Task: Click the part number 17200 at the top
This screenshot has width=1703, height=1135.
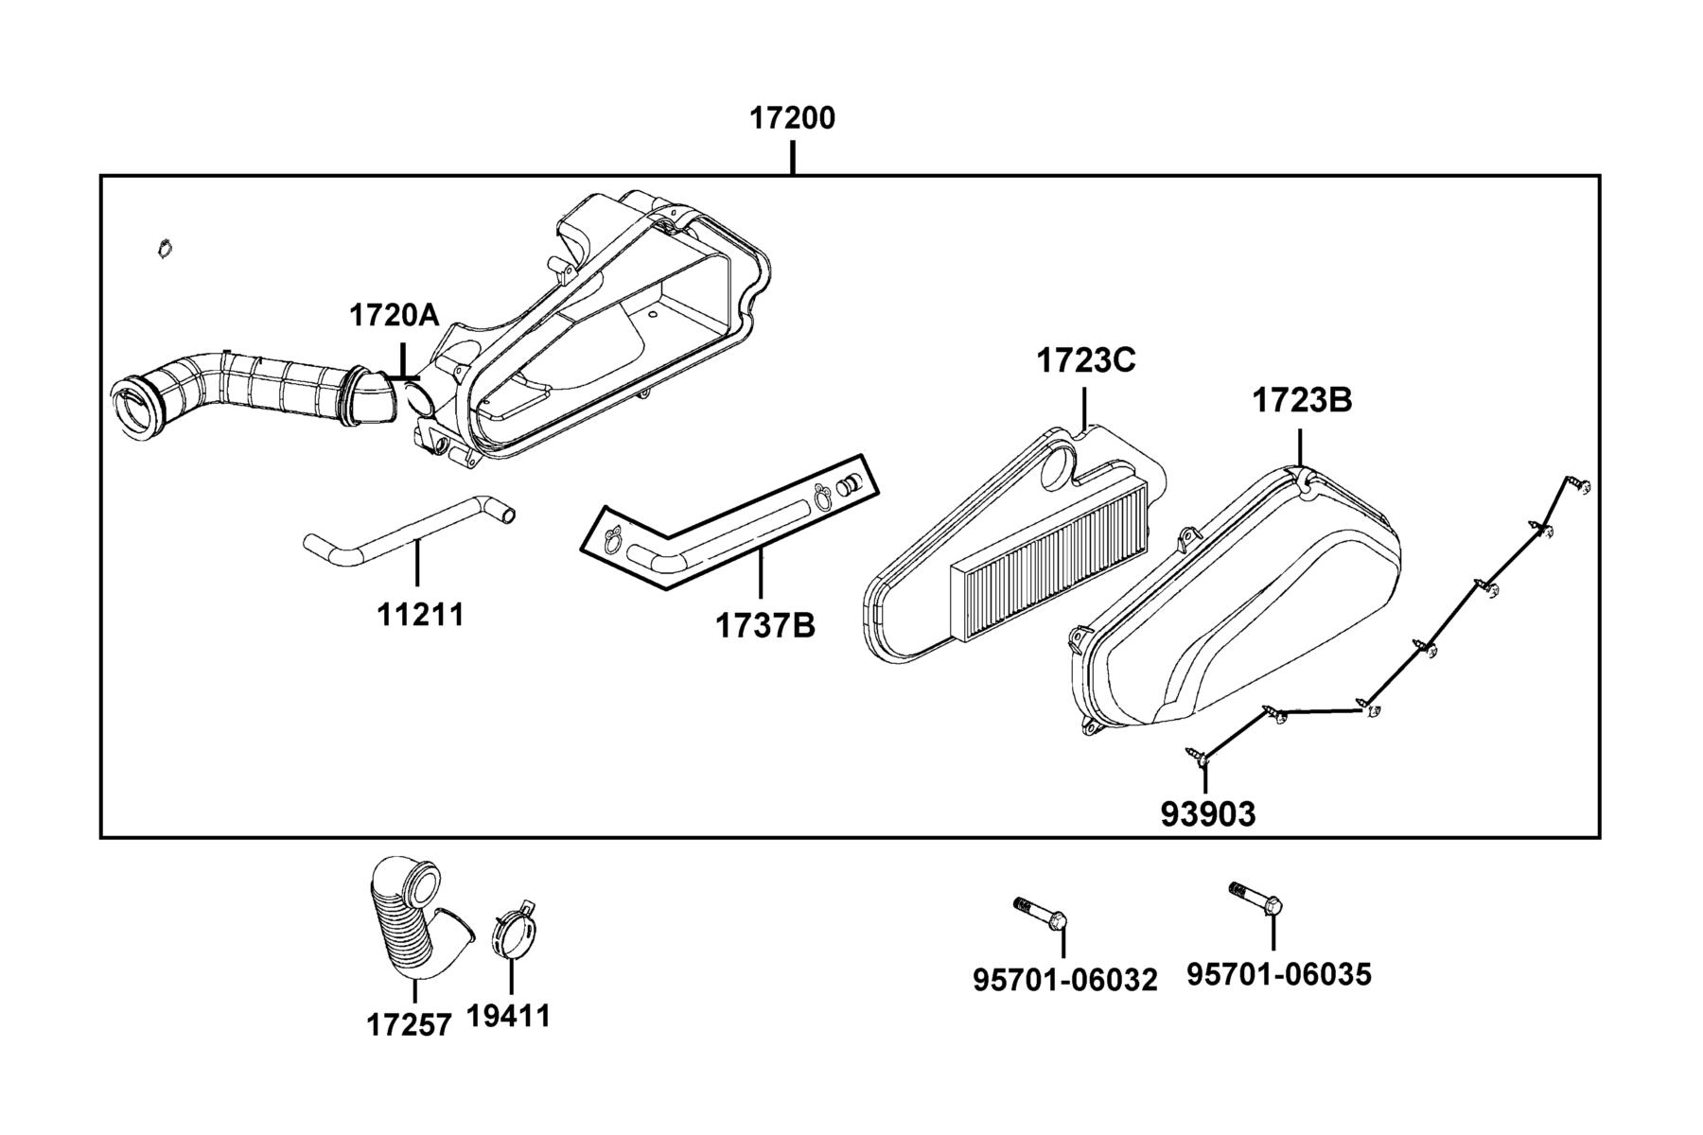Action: (x=793, y=119)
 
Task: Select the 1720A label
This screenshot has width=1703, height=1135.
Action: (x=395, y=315)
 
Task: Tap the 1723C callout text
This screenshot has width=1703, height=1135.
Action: (x=1086, y=360)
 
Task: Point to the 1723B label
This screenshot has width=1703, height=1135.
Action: (x=1302, y=400)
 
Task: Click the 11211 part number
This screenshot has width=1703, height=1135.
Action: (x=421, y=615)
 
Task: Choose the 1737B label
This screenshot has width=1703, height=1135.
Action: (x=764, y=625)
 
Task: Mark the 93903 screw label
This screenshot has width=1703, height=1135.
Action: (x=1208, y=813)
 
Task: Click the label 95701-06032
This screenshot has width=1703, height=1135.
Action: (x=1065, y=981)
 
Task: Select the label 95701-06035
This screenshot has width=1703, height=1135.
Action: (x=1279, y=974)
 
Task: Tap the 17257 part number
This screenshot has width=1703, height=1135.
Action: (x=410, y=1024)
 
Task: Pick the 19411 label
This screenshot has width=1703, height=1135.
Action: (x=508, y=1016)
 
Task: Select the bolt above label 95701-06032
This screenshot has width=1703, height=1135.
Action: (x=1041, y=913)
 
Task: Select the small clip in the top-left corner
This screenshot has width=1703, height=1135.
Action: (x=165, y=248)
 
